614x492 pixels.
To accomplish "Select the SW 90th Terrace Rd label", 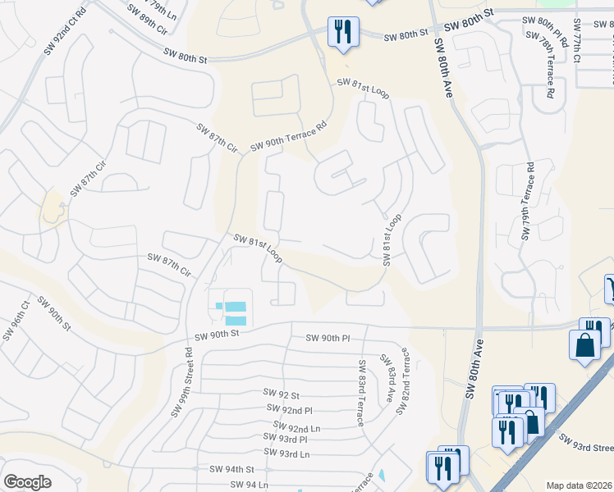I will (x=288, y=134).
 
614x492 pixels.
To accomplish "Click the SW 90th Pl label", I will (x=328, y=338).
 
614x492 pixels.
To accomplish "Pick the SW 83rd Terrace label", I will (x=360, y=392).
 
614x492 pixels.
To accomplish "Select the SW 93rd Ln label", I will (x=286, y=453).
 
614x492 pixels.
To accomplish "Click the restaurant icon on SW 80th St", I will (x=343, y=34).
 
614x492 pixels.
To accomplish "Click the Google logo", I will (x=27, y=482).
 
